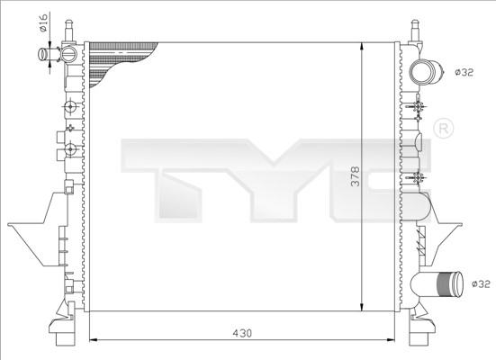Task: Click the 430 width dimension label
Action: click(243, 333)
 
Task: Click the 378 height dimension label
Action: click(356, 176)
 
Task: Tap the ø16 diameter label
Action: click(43, 22)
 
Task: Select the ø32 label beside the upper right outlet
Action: click(464, 72)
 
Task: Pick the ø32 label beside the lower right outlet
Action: click(481, 284)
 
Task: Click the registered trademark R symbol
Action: click(443, 128)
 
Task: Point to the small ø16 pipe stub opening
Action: click(42, 54)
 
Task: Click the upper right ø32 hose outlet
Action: click(425, 72)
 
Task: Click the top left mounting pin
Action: click(69, 31)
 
